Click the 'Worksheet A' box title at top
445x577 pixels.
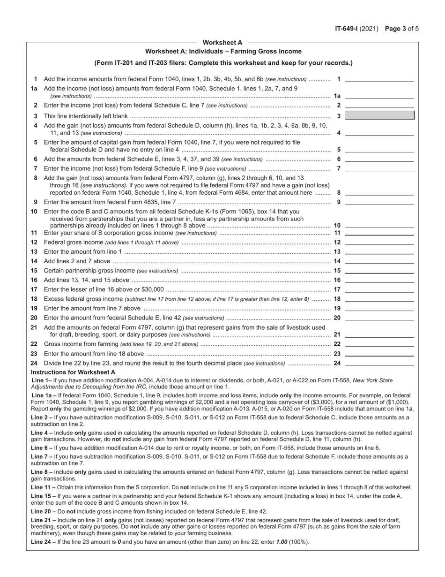(x=222, y=43)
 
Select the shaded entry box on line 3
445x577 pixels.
(x=379, y=115)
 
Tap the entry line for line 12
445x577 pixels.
(x=379, y=242)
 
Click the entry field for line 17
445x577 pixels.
(x=379, y=289)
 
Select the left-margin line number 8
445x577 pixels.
(x=35, y=178)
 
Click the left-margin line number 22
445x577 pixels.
(x=34, y=344)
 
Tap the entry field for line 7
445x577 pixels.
(x=379, y=168)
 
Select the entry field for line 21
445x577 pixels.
(x=379, y=334)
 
